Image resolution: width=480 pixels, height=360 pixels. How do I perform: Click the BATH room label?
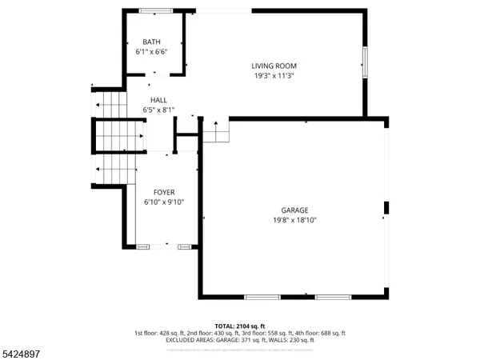click(x=151, y=42)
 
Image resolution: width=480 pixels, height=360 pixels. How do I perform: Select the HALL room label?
click(x=158, y=100)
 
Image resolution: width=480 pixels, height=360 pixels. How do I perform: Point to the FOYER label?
click(x=164, y=192)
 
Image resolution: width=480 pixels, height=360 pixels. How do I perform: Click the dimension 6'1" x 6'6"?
click(x=152, y=51)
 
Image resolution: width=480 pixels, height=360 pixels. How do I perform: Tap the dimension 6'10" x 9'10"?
click(x=164, y=202)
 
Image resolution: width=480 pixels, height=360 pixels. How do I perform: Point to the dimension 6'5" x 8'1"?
click(x=158, y=110)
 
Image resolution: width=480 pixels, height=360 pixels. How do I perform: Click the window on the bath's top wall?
click(x=155, y=10)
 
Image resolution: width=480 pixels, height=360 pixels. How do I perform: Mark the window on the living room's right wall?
click(x=364, y=62)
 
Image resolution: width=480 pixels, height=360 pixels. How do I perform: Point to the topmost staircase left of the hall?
click(x=110, y=104)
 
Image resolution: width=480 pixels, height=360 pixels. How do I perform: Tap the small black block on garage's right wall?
click(x=386, y=209)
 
